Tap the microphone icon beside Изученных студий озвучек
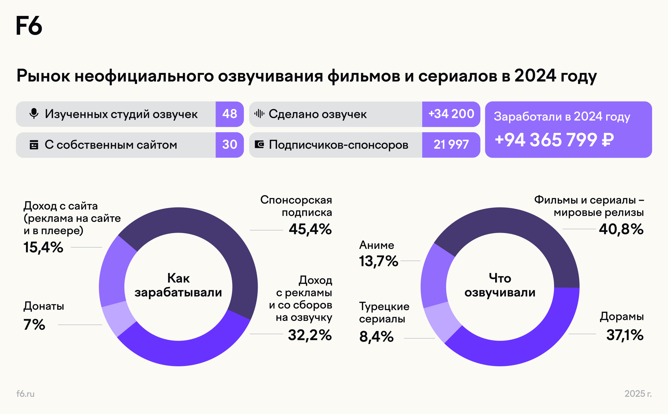34,114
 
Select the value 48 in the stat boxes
229,114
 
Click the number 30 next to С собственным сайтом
229,144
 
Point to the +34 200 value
451,114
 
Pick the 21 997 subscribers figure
451,144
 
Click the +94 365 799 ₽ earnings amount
554,140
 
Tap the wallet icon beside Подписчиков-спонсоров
259,144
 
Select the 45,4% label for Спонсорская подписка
310,229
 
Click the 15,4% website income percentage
43,247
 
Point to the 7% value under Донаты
34,325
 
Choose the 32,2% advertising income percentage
310,335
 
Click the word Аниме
376,245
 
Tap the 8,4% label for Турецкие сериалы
376,337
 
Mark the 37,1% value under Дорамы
625,335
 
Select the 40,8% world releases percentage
621,229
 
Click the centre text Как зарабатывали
178,285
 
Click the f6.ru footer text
25,394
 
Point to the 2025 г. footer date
638,394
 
